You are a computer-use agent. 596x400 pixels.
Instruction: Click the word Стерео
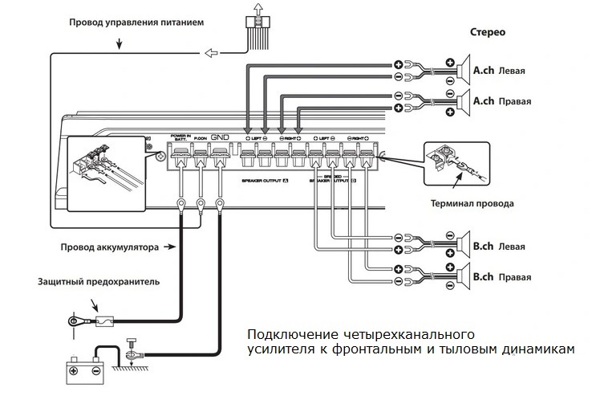point(488,33)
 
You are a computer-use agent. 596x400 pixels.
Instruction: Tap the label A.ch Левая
point(499,71)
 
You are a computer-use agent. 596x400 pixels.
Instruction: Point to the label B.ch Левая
point(499,246)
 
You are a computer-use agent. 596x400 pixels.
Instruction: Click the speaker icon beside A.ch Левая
point(463,71)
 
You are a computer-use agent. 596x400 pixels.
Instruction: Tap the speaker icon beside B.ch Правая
point(463,277)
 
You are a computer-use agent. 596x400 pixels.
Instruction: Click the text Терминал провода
point(472,204)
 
